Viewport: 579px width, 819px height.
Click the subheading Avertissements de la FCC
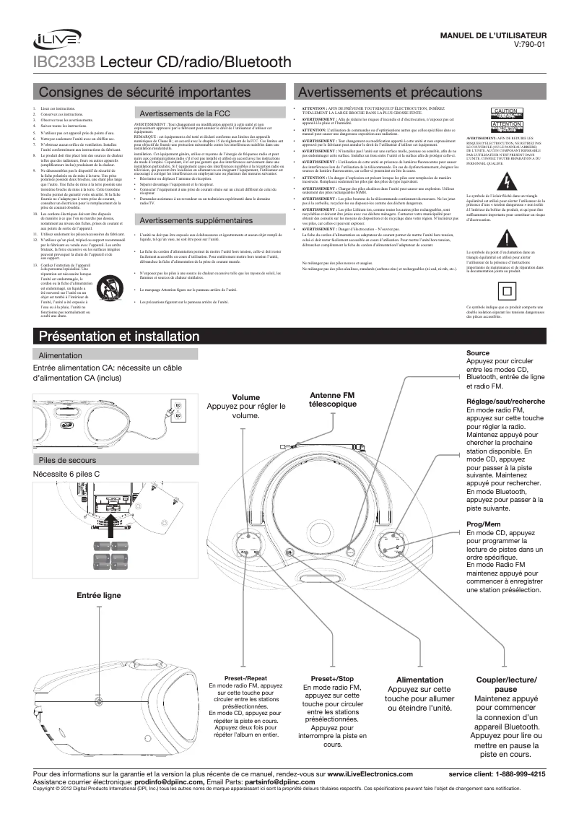(184, 114)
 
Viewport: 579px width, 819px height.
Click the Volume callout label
(246, 397)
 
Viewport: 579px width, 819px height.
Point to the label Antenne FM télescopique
(333, 400)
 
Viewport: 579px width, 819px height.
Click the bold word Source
(479, 353)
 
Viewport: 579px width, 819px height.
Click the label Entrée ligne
(99, 595)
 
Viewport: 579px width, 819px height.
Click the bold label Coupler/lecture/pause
(507, 685)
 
